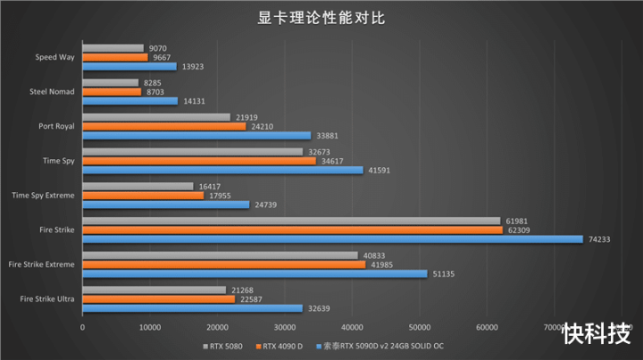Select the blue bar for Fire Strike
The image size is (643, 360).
(x=332, y=239)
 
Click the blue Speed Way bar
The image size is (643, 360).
(x=129, y=66)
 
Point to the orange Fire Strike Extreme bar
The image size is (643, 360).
(x=223, y=264)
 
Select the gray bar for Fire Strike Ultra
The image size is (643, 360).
(x=154, y=289)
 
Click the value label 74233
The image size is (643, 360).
(x=598, y=239)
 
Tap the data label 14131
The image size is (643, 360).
(x=193, y=101)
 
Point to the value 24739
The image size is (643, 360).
(x=264, y=205)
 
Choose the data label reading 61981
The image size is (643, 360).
(x=516, y=220)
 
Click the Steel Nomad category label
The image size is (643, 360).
(x=52, y=91)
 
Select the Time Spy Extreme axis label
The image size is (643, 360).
(x=43, y=195)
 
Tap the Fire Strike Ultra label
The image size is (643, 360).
(x=46, y=298)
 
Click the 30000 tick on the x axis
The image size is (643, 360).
(x=285, y=327)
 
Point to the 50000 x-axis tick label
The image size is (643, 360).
(x=420, y=327)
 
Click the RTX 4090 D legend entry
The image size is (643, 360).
(x=283, y=345)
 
